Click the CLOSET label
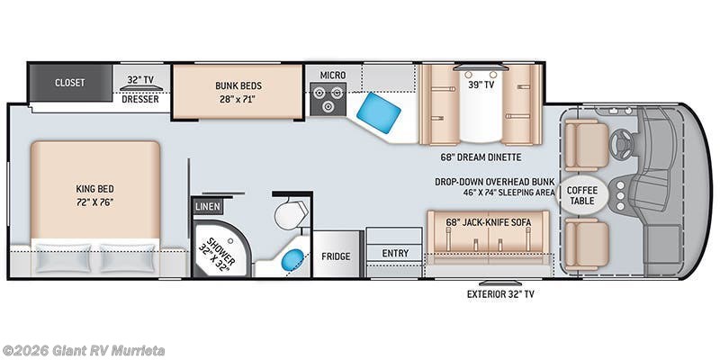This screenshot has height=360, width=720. point(69,83)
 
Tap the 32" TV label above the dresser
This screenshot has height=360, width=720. point(140,80)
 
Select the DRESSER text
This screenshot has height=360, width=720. point(140,99)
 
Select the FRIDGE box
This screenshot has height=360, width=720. point(337,256)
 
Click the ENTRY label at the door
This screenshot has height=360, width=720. point(394,254)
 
